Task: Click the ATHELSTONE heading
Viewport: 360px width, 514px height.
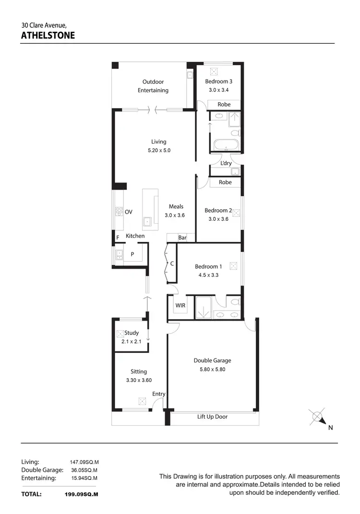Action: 48,35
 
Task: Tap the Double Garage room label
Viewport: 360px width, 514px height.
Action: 212,360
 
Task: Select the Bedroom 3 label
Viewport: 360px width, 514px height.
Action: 218,82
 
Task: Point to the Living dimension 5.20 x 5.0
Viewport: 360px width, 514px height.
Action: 159,150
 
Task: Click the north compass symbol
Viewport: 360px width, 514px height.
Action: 317,418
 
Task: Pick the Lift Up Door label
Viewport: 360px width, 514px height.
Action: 212,417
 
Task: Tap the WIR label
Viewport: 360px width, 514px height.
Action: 180,305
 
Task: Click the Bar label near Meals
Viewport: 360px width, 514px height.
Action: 182,238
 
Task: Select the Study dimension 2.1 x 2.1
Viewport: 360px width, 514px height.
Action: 132,342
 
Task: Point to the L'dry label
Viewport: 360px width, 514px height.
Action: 226,163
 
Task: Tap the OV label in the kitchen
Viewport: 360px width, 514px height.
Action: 129,212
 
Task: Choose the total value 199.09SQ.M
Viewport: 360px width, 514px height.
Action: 81,494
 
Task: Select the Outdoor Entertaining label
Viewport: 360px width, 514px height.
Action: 153,86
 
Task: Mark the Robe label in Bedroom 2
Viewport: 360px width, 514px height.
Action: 225,182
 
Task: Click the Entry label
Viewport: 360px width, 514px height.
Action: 159,394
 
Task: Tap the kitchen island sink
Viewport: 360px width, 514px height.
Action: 147,221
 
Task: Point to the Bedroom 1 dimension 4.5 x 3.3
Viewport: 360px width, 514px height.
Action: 208,275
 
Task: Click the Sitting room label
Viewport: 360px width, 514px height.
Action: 139,371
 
